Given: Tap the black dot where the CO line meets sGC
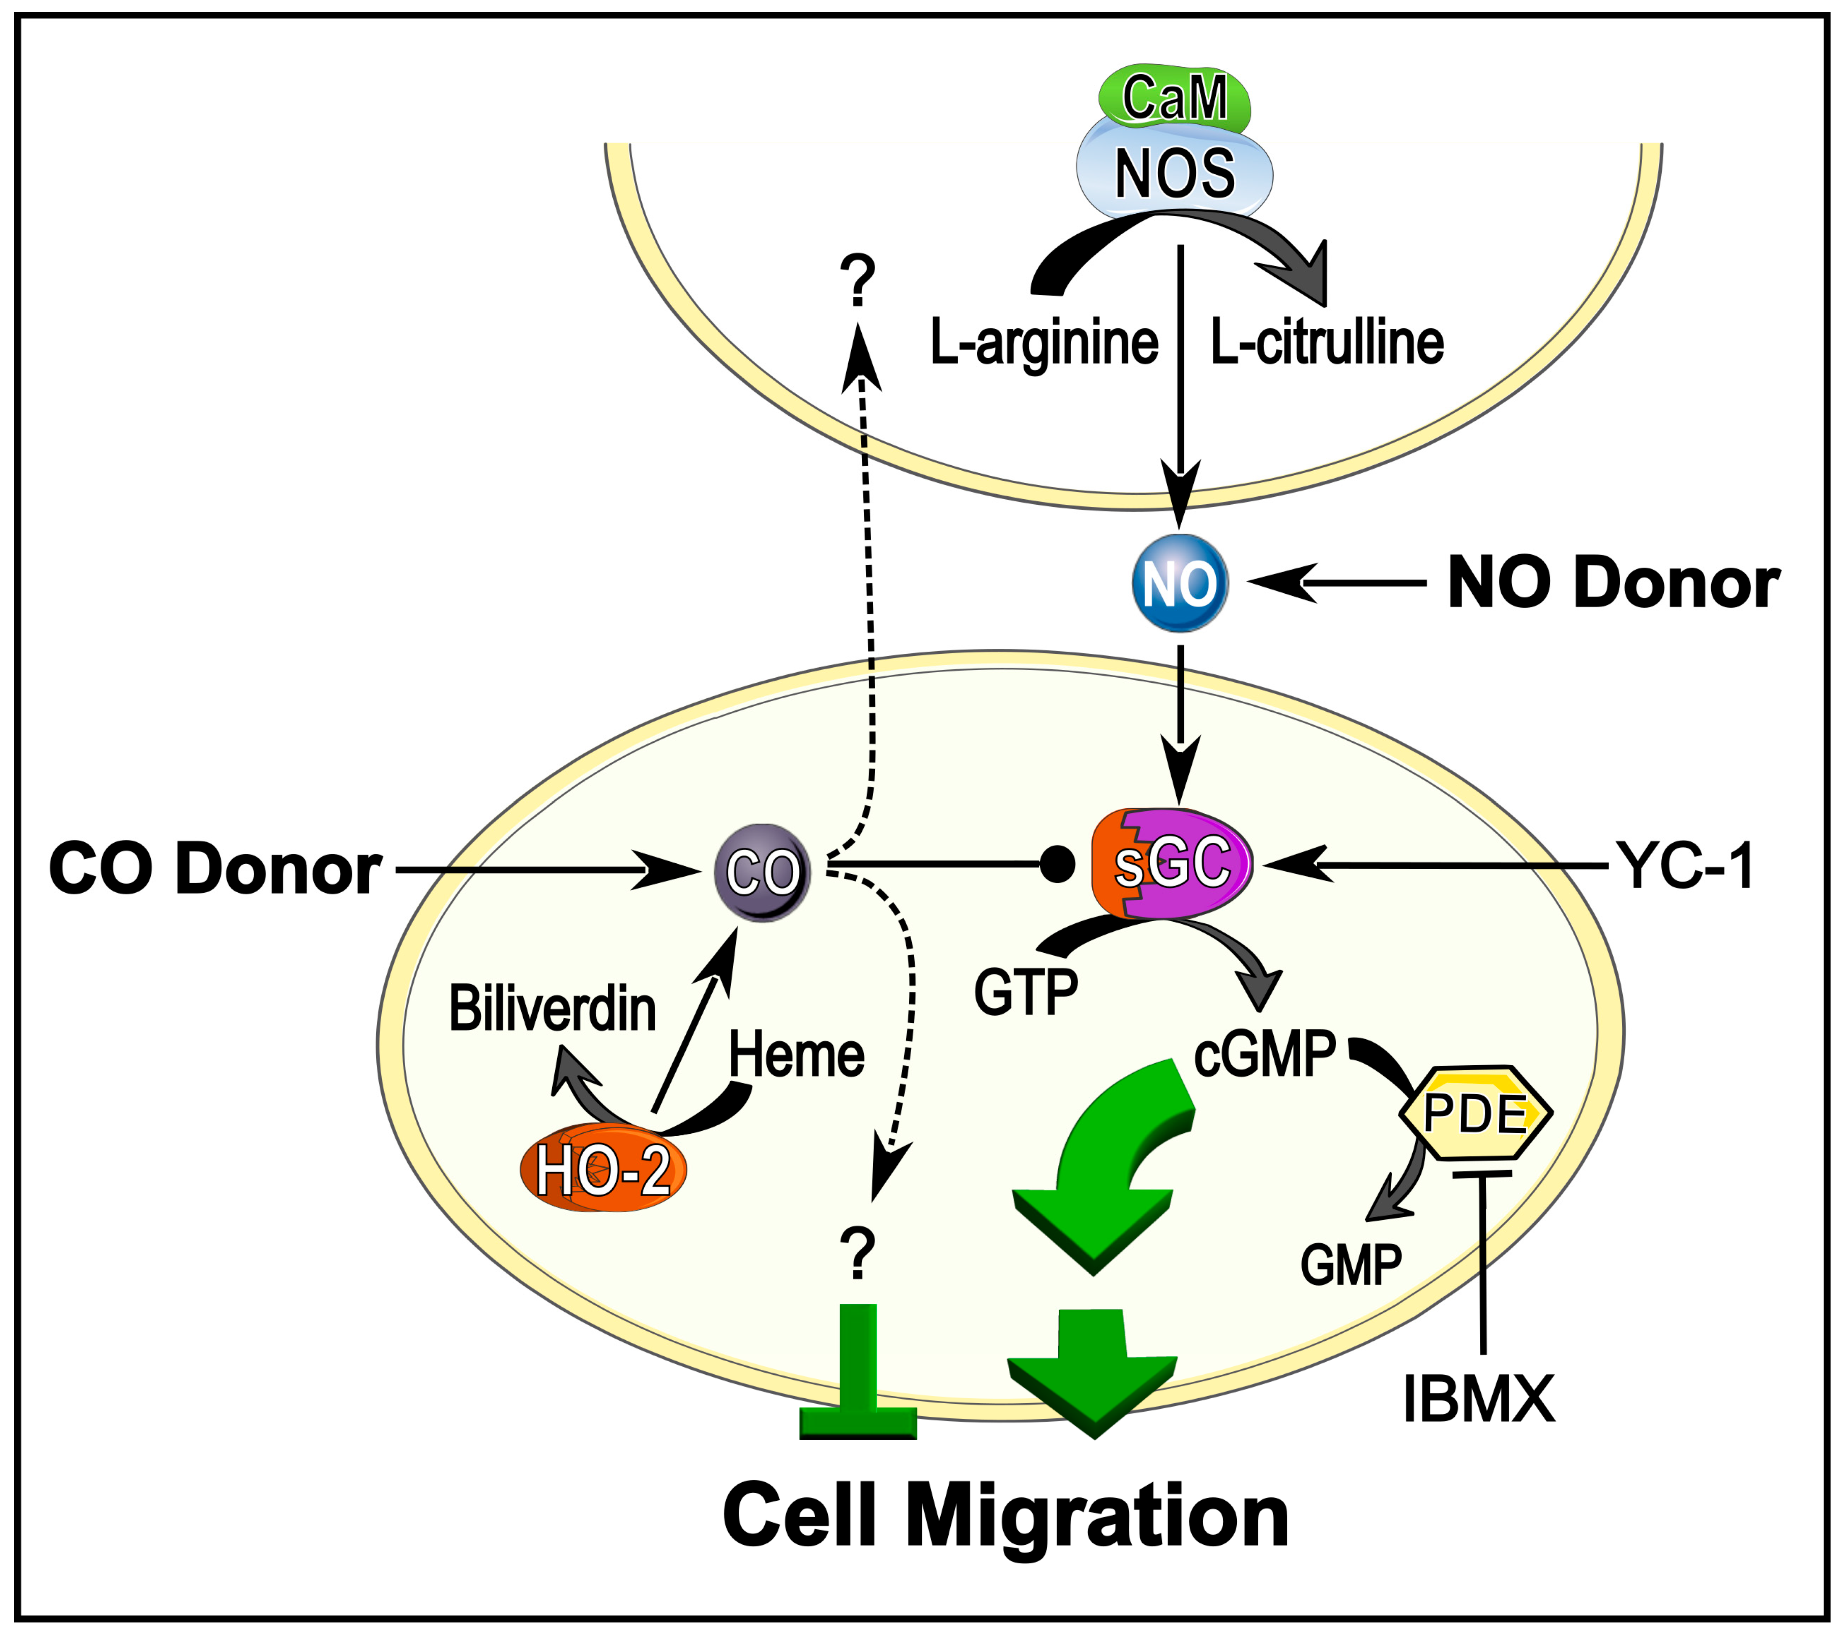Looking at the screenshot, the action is tap(1057, 864).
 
